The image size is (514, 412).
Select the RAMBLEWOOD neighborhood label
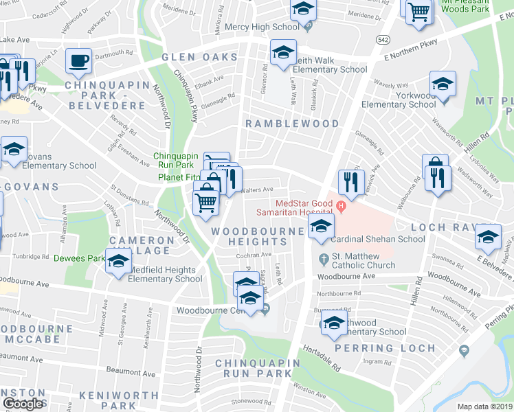tap(293, 124)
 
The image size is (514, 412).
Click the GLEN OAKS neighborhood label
tap(193, 58)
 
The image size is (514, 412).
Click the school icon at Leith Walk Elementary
tap(282, 53)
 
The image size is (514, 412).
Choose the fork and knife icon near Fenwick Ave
tap(350, 182)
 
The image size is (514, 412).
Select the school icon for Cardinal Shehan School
tap(321, 226)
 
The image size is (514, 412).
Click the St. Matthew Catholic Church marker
tap(323, 259)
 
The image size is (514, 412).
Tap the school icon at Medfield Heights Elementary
tap(119, 262)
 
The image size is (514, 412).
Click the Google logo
tap(23, 404)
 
